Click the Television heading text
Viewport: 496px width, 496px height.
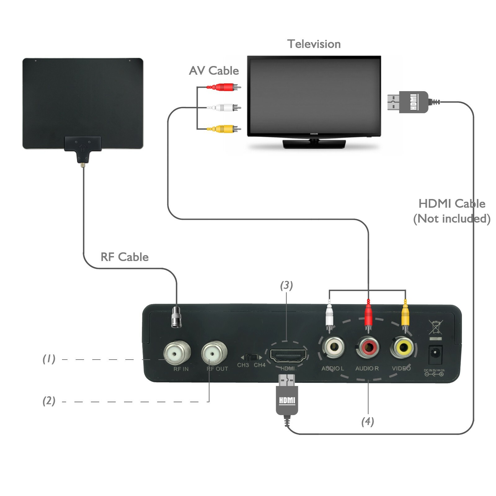point(314,44)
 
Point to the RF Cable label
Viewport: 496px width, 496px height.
point(125,257)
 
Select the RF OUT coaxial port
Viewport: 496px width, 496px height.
point(215,353)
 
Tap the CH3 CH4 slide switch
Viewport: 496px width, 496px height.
point(252,357)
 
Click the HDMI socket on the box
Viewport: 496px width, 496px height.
point(288,355)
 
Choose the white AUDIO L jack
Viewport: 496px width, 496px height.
point(333,347)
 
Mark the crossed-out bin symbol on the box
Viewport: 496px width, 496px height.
point(436,328)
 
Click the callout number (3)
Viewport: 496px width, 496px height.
point(286,286)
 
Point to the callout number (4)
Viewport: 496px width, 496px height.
point(368,422)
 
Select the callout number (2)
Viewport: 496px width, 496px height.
point(49,401)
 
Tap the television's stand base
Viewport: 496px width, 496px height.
point(314,144)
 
